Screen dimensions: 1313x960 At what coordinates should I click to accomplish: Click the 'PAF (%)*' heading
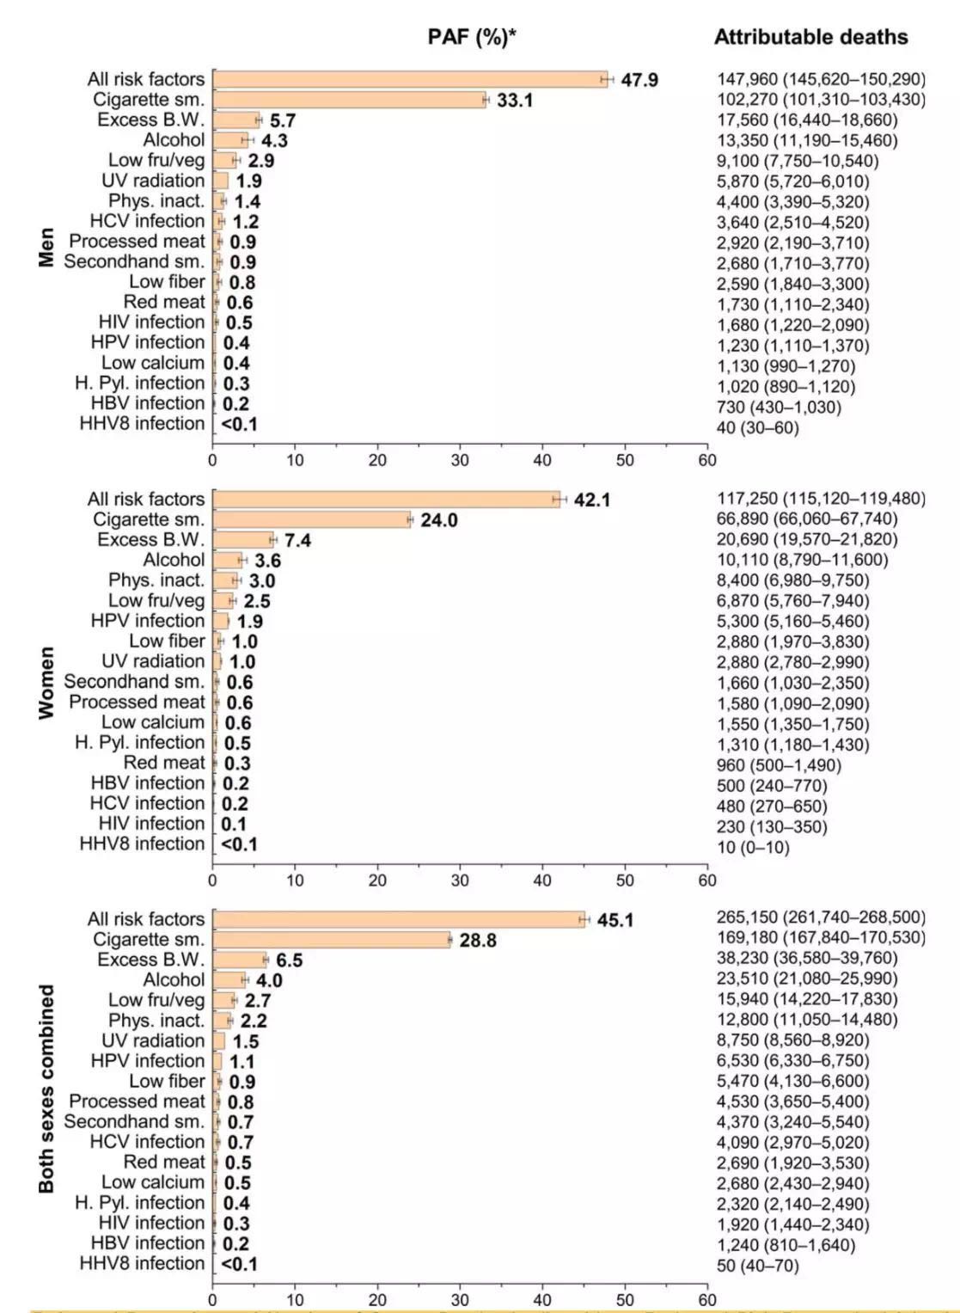pyautogui.click(x=471, y=37)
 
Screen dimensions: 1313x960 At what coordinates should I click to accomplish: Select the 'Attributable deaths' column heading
pyautogui.click(x=810, y=37)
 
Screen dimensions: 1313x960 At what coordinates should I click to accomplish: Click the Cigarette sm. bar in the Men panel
pyautogui.click(x=348, y=100)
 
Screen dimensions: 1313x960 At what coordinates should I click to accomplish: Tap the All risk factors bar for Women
pyautogui.click(x=386, y=500)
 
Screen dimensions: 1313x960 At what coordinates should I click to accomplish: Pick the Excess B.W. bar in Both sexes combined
pyautogui.click(x=240, y=960)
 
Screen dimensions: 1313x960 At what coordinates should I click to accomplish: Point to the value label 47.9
pyautogui.click(x=639, y=80)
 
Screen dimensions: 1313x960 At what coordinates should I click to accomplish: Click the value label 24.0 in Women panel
pyautogui.click(x=438, y=520)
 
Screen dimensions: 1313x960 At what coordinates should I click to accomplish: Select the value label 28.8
pyautogui.click(x=478, y=940)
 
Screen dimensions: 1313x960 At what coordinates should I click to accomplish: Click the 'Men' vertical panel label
pyautogui.click(x=46, y=247)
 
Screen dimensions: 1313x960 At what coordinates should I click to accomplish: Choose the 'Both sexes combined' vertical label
pyautogui.click(x=46, y=1088)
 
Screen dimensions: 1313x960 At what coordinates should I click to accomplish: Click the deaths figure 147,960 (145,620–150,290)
pyautogui.click(x=821, y=79)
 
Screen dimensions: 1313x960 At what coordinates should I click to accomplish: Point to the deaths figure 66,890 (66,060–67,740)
pyautogui.click(x=807, y=518)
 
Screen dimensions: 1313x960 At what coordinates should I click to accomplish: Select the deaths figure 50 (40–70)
pyautogui.click(x=757, y=1266)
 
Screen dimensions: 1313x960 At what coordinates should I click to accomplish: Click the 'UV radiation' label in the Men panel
pyautogui.click(x=153, y=181)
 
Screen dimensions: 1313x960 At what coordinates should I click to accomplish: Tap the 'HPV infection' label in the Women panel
pyautogui.click(x=148, y=621)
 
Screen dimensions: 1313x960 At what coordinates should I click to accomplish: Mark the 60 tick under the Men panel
pyautogui.click(x=706, y=460)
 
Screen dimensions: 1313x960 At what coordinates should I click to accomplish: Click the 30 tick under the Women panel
pyautogui.click(x=460, y=880)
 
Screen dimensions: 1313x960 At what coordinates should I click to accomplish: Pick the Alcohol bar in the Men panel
pyautogui.click(x=229, y=140)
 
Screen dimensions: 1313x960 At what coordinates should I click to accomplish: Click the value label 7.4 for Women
pyautogui.click(x=297, y=540)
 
